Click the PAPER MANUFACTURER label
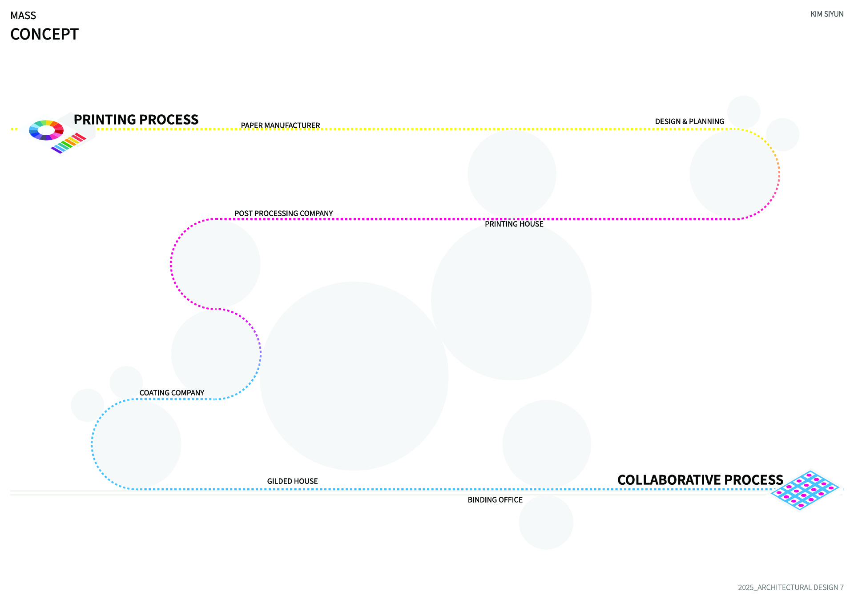(x=280, y=125)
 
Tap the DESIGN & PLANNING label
(x=689, y=121)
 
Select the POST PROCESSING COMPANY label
(x=283, y=213)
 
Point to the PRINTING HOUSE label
(x=514, y=224)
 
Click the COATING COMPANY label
(x=172, y=393)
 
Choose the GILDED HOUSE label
(x=292, y=481)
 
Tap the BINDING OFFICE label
(x=495, y=500)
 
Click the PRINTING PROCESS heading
(x=136, y=120)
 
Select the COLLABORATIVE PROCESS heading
(x=700, y=480)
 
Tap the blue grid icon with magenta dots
(x=805, y=490)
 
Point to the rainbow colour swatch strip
(x=68, y=143)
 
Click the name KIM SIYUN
(x=827, y=14)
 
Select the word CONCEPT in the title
(x=44, y=34)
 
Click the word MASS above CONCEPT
(x=23, y=16)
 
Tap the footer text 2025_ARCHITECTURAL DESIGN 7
(x=791, y=588)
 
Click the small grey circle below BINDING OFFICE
(x=546, y=522)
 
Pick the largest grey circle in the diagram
(x=354, y=376)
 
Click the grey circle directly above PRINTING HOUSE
(x=512, y=174)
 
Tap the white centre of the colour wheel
(x=46, y=130)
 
